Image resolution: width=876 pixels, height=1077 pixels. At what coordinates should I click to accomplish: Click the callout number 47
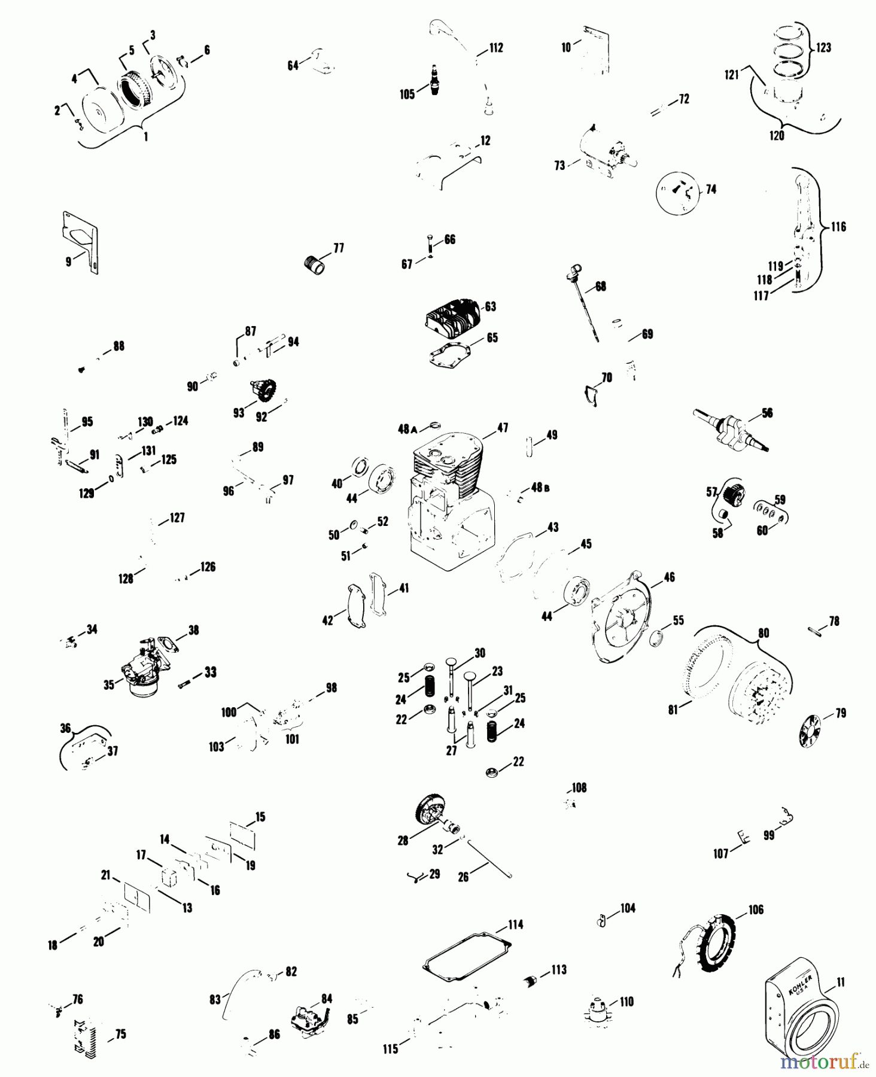[x=501, y=428]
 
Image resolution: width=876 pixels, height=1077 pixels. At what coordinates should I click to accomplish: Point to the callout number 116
[x=839, y=227]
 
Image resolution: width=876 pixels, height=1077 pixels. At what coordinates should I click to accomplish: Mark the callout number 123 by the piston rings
[x=824, y=47]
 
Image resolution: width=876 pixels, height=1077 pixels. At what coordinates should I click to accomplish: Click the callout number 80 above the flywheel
[x=764, y=633]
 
